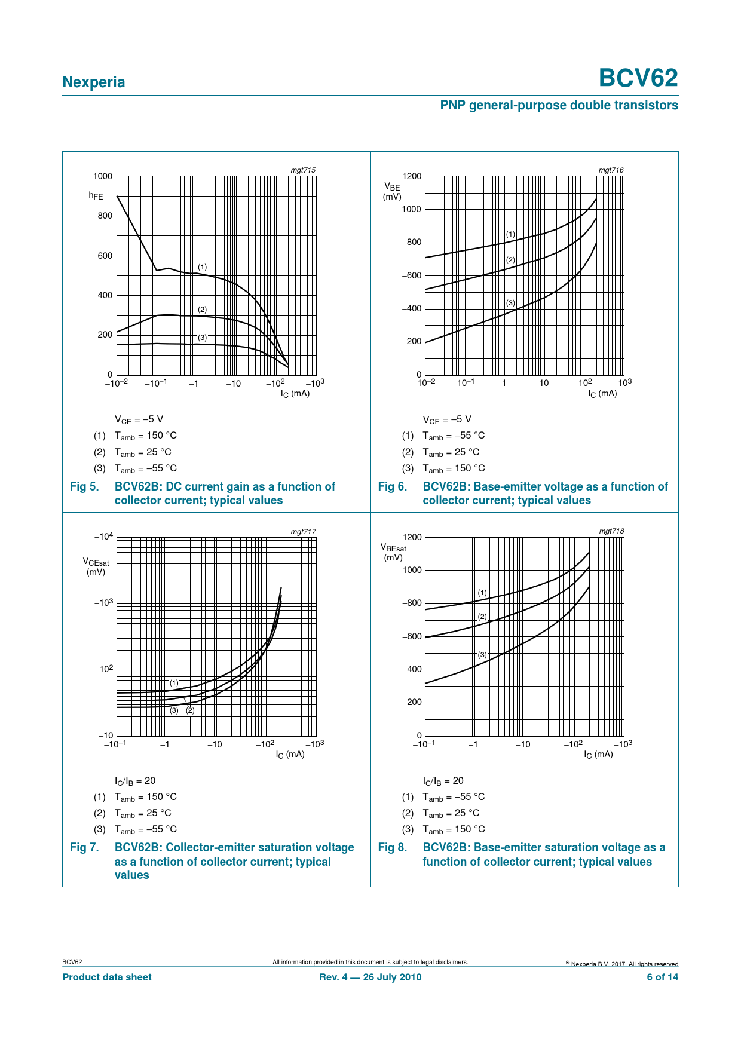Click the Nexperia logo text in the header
94,82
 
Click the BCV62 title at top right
638,78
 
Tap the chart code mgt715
303,170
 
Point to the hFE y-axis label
96,195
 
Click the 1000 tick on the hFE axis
103,176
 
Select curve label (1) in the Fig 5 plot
203,267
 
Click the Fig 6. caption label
392,487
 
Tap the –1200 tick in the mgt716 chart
409,176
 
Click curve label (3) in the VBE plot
510,303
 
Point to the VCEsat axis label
96,566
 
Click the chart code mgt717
303,531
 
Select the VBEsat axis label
393,552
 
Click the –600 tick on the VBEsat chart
412,636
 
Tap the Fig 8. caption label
392,848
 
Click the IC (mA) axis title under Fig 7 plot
290,754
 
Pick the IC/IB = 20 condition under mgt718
443,781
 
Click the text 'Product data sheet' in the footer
107,977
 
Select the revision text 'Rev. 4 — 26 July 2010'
370,977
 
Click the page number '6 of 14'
663,977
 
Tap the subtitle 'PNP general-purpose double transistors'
559,105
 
